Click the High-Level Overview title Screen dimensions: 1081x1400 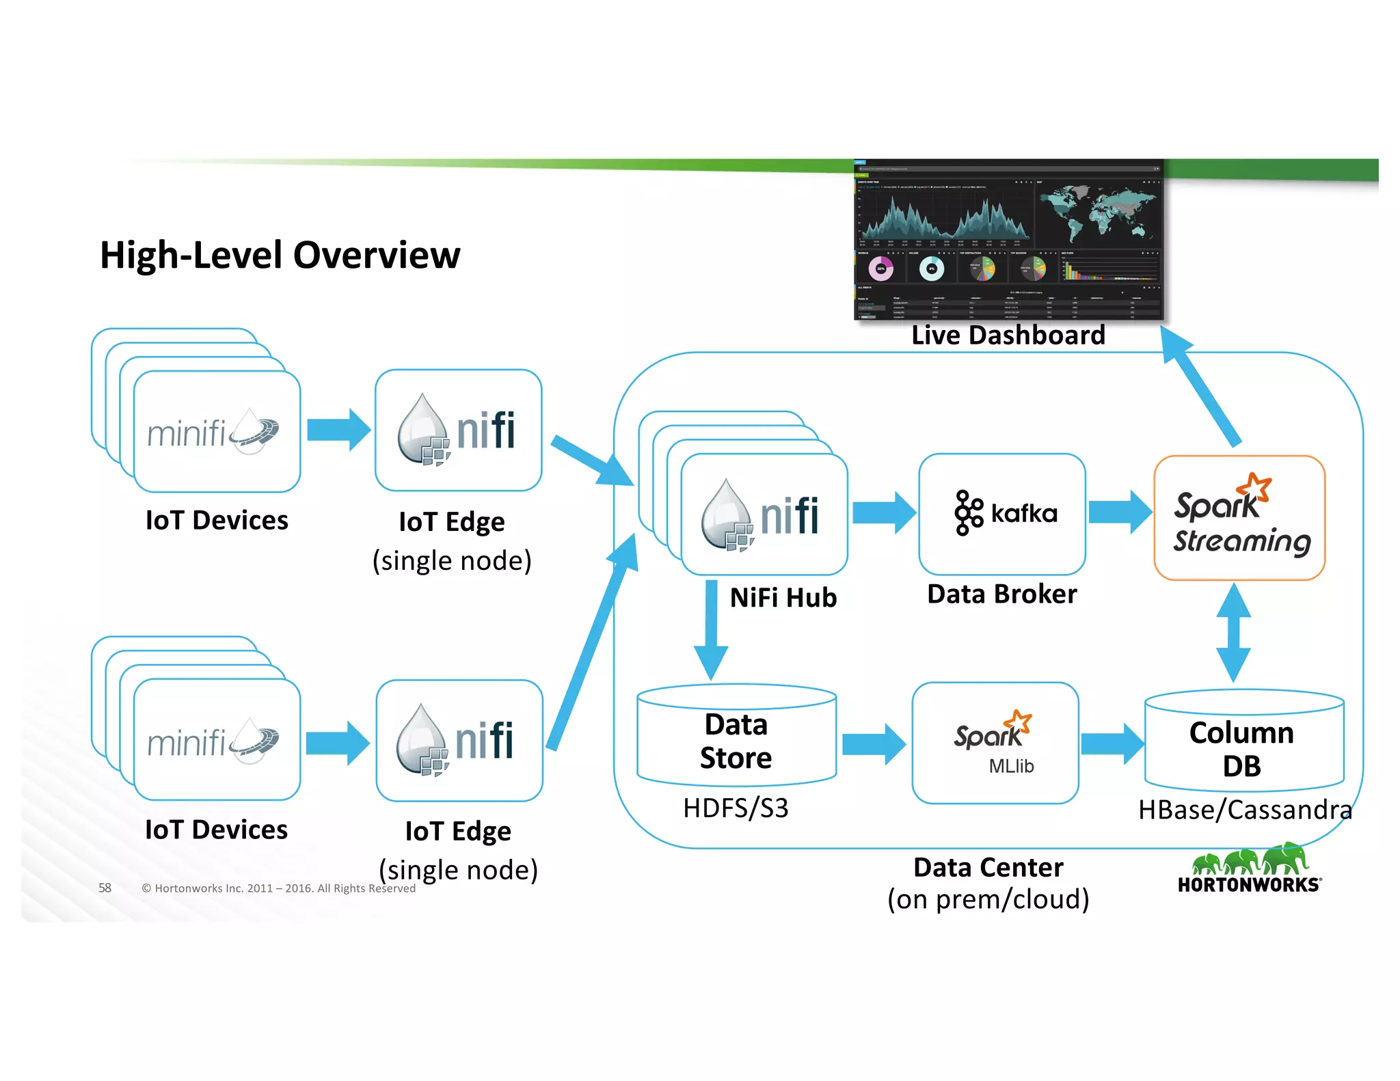[x=280, y=256]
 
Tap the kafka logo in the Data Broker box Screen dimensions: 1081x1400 [x=1005, y=512]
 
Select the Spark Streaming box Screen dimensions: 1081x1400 [x=1239, y=518]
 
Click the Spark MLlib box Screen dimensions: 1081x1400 [x=995, y=743]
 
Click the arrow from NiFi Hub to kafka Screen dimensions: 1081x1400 [x=884, y=512]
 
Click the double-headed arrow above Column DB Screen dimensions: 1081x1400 [x=1234, y=632]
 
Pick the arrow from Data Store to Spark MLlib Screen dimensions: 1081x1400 [x=874, y=744]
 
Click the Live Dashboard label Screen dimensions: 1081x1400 [x=1008, y=336]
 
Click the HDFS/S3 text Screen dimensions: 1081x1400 [x=736, y=808]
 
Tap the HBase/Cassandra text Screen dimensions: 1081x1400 [x=1244, y=810]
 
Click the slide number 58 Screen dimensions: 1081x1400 [x=105, y=888]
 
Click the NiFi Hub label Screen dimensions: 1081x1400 [x=783, y=598]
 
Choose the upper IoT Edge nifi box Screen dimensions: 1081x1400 [x=458, y=430]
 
